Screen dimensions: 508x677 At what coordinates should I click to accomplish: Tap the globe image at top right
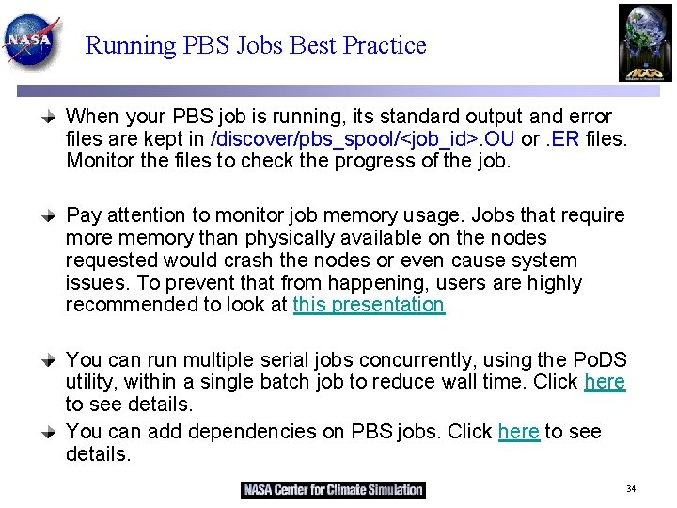[645, 42]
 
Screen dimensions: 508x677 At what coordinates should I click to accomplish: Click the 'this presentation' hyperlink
[369, 305]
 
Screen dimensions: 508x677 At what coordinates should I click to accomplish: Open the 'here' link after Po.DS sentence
[605, 382]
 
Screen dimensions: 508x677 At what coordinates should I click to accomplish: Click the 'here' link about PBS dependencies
[519, 432]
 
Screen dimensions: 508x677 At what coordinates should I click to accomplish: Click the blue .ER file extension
[563, 139]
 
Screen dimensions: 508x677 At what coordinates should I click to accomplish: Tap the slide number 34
[631, 489]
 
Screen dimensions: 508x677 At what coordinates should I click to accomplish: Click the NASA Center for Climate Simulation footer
[333, 489]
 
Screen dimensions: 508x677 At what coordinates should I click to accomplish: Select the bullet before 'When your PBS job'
[54, 118]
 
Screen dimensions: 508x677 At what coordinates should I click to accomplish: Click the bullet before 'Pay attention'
[54, 216]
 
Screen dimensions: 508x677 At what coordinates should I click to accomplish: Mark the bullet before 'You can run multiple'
[54, 360]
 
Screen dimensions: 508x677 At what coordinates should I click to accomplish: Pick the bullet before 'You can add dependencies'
[54, 432]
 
